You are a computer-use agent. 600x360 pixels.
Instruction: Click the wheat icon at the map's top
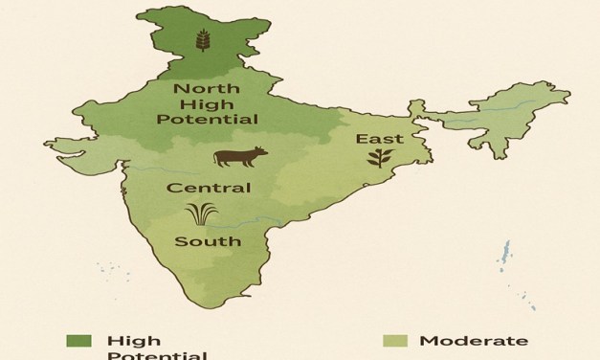point(202,41)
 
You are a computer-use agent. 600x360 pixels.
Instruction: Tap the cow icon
point(240,156)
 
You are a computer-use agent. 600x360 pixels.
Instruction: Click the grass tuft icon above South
point(201,213)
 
